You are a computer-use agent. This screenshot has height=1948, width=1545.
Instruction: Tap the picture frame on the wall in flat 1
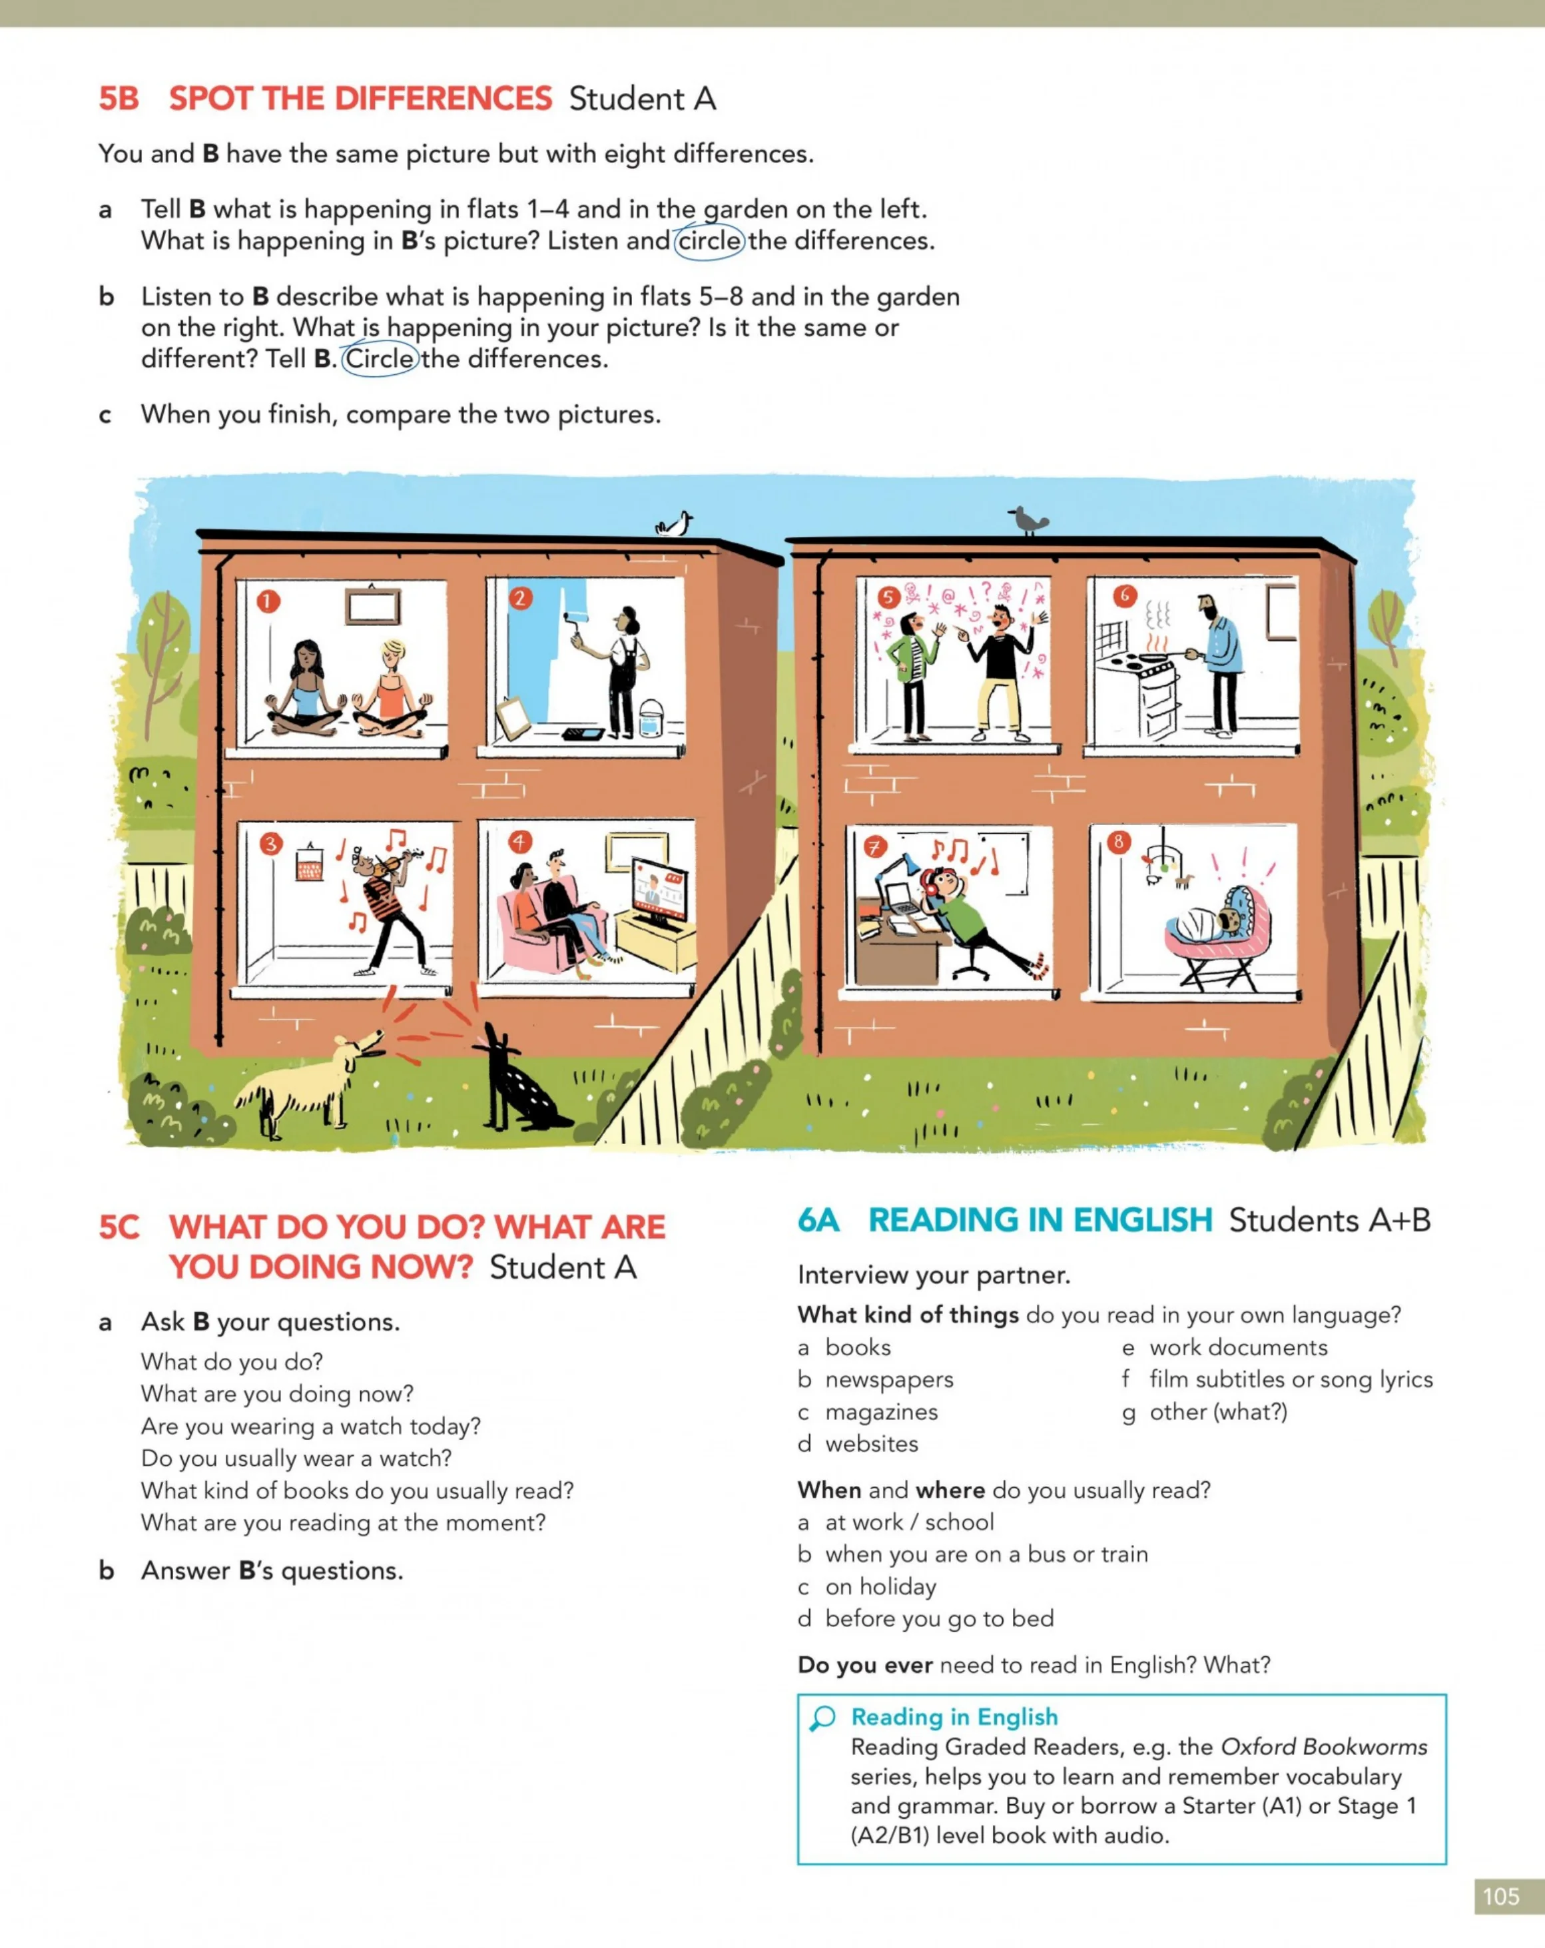click(372, 603)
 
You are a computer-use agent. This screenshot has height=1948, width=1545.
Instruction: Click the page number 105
click(1501, 1895)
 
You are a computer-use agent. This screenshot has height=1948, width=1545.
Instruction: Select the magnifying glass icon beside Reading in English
click(822, 1718)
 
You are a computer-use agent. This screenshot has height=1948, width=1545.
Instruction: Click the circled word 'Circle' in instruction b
click(380, 359)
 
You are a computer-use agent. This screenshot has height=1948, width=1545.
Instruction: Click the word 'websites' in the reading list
click(872, 1444)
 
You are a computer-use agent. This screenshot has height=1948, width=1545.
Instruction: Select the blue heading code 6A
click(818, 1221)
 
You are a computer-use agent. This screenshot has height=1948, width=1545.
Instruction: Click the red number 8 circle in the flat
click(1119, 842)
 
